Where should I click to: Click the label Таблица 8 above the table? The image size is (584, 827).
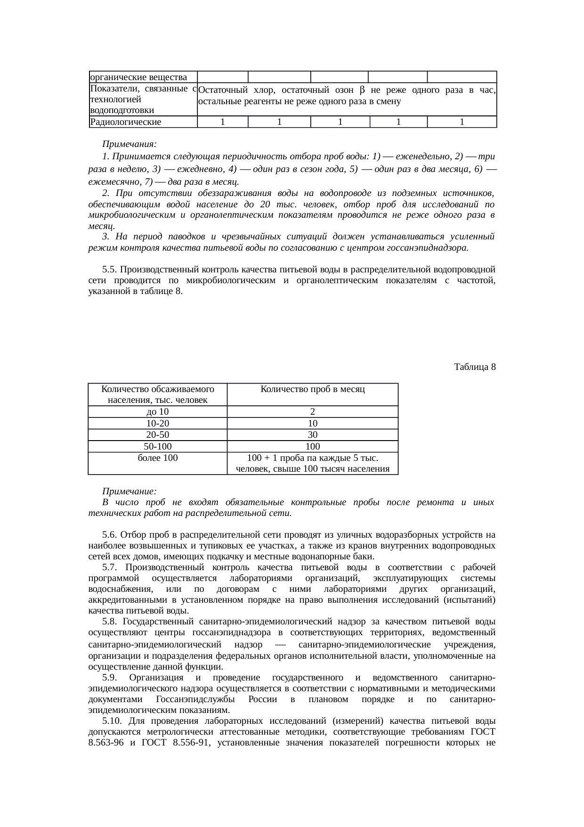(x=474, y=367)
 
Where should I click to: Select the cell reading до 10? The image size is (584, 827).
(x=157, y=412)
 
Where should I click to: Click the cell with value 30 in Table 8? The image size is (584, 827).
(x=312, y=434)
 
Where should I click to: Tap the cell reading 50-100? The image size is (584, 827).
(x=157, y=446)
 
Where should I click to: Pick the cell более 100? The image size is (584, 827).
(x=157, y=458)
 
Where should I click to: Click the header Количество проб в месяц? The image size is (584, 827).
(x=312, y=389)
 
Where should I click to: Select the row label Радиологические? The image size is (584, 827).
(x=126, y=122)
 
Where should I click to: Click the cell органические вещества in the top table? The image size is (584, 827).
(x=138, y=77)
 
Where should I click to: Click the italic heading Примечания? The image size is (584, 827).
(x=129, y=143)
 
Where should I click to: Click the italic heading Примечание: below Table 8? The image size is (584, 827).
(x=129, y=491)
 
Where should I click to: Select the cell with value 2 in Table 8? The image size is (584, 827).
(x=312, y=412)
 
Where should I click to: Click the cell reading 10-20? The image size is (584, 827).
(x=157, y=423)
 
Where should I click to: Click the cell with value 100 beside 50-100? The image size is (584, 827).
(x=312, y=446)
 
